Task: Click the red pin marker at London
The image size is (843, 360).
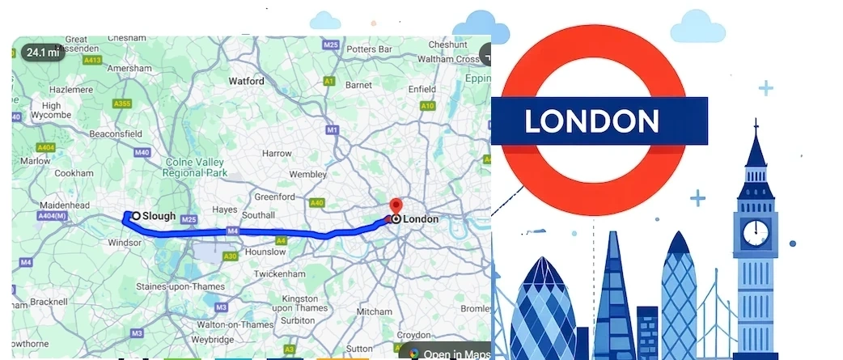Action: point(396,205)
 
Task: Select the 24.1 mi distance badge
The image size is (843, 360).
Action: point(43,53)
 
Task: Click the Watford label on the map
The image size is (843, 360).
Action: point(246,81)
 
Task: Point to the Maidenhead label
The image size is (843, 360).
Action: point(64,205)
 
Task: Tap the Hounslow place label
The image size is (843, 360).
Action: point(265,252)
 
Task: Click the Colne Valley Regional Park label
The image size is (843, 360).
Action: point(194,167)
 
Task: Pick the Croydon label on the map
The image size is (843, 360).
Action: point(413,334)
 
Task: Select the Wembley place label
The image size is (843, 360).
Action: point(308,174)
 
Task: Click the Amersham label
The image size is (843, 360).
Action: point(130,69)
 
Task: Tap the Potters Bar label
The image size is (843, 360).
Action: point(368,49)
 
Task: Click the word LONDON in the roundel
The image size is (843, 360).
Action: point(591,121)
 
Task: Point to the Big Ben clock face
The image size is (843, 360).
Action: point(756,231)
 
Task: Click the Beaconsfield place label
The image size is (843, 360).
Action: point(115,133)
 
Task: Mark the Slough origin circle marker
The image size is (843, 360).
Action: point(136,216)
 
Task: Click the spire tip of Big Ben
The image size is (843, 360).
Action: point(756,121)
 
